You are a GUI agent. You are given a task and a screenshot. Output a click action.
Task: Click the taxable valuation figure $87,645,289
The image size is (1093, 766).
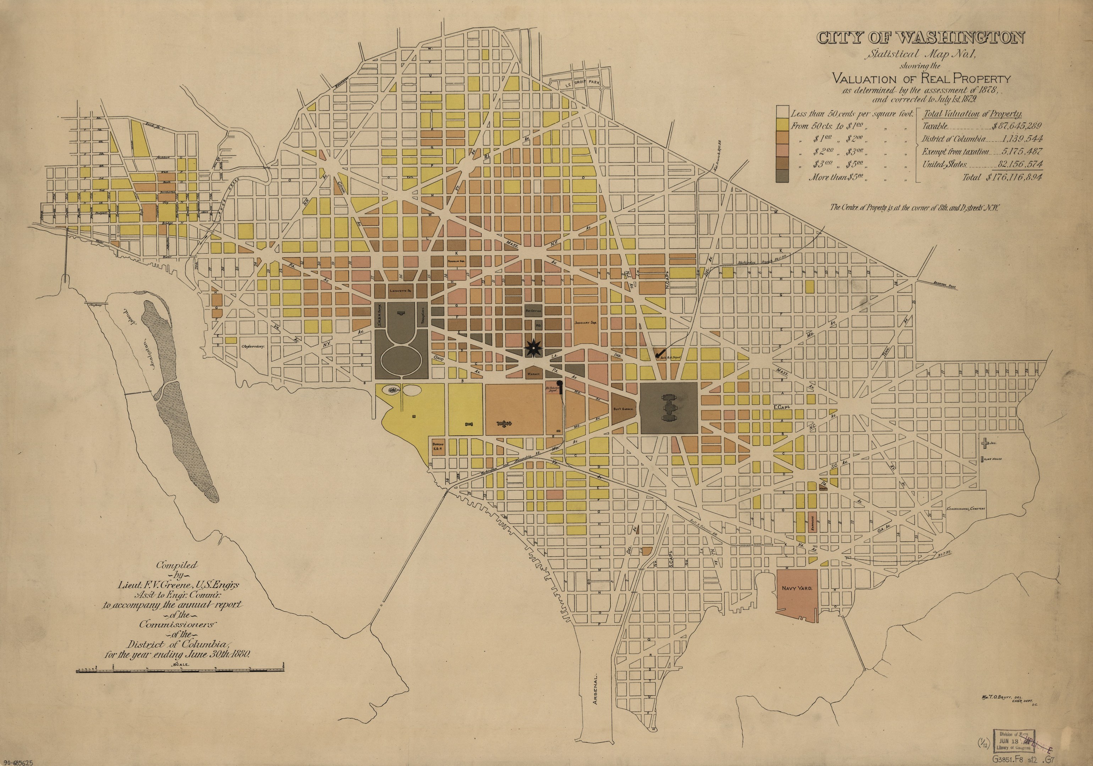pos(1016,126)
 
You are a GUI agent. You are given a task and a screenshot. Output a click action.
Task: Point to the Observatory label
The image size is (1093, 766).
pos(252,347)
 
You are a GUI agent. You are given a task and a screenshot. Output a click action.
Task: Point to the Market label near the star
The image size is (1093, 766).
pos(532,374)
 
